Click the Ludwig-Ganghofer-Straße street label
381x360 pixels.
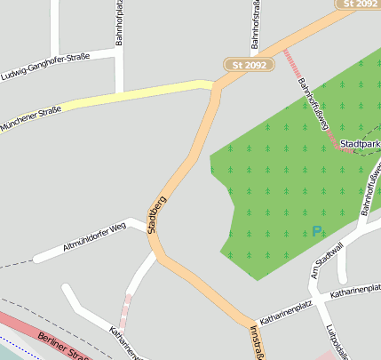pos(45,66)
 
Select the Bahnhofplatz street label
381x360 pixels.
pos(118,23)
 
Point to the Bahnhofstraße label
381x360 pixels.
pos(255,25)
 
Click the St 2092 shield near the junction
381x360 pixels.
pos(248,65)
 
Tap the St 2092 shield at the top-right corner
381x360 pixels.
pos(359,4)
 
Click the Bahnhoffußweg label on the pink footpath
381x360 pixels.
pos(314,105)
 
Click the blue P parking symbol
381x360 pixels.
pos(316,232)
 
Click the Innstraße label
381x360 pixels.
pos(256,343)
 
